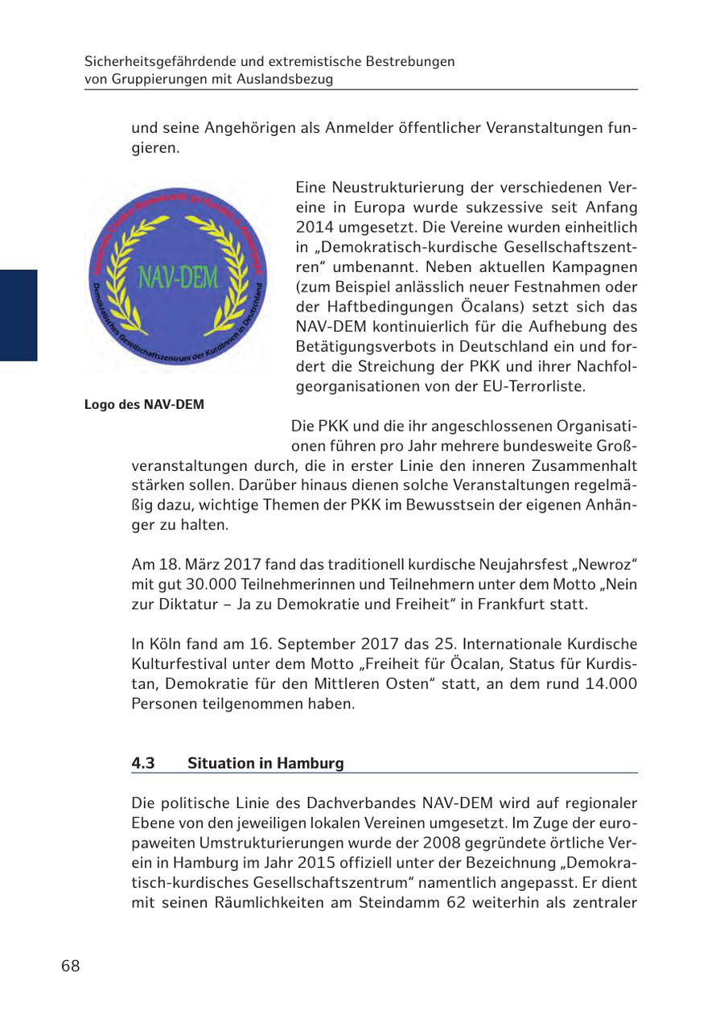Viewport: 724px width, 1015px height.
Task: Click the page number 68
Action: tap(71, 966)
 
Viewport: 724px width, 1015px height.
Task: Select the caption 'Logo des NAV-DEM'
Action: tap(144, 404)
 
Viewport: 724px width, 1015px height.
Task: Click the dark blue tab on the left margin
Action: tap(19, 315)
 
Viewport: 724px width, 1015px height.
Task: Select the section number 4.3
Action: tap(143, 763)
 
